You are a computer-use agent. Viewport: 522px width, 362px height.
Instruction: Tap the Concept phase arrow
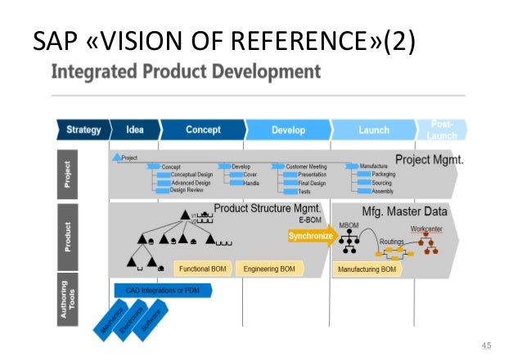202,129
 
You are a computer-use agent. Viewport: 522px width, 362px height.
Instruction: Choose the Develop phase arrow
287,129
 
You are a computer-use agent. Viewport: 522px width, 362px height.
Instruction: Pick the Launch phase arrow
373,129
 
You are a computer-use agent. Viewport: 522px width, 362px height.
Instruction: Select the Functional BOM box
203,269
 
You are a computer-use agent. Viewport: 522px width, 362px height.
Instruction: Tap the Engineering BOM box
268,269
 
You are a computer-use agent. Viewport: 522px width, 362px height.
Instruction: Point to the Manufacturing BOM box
367,269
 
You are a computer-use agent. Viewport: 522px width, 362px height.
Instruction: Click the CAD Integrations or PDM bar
161,291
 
